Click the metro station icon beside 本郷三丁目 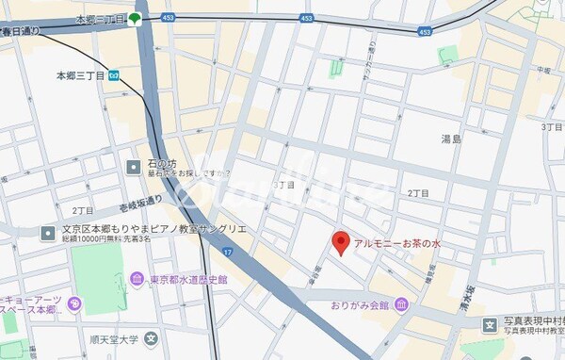pyautogui.click(x=114, y=74)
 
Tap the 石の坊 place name pyautogui.click(x=161, y=163)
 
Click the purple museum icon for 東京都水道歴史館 pyautogui.click(x=137, y=279)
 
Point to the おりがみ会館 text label pyautogui.click(x=360, y=305)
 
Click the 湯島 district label pyautogui.click(x=451, y=139)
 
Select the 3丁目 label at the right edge pyautogui.click(x=551, y=125)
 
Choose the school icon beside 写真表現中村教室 pyautogui.click(x=490, y=325)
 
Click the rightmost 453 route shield pyautogui.click(x=425, y=31)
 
